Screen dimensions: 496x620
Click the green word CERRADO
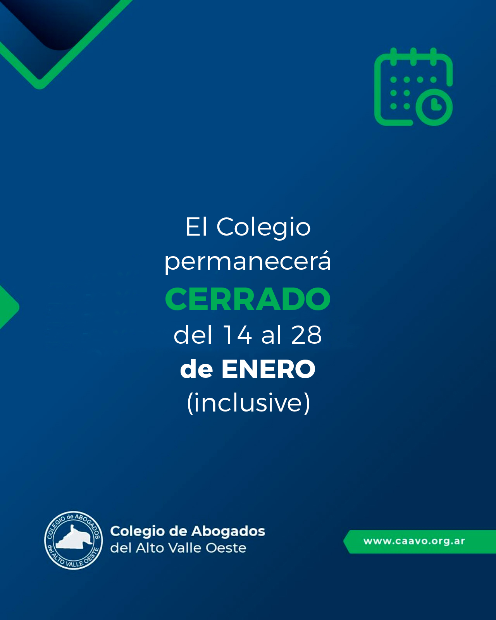click(248, 299)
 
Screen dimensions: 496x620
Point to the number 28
click(306, 334)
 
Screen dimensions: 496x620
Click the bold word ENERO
click(268, 369)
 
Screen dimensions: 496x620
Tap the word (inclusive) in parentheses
click(248, 403)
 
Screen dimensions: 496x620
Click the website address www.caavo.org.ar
click(414, 541)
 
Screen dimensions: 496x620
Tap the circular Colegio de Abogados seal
click(74, 541)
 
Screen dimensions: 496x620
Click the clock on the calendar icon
click(434, 107)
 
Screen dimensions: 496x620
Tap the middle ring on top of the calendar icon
click(413, 57)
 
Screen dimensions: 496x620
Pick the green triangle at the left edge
click(9, 307)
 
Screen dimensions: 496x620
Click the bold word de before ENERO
click(196, 370)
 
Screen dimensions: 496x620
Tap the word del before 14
click(193, 334)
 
